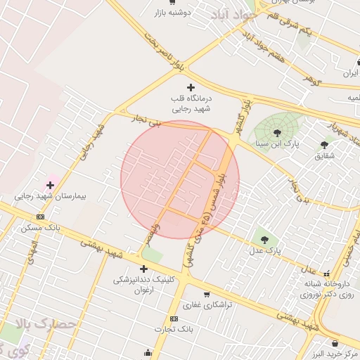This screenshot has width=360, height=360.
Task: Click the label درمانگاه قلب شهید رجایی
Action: [x=191, y=104]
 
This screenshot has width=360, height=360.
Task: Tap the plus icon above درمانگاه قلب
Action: [x=191, y=87]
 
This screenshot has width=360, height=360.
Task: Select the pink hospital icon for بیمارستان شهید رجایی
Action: [x=50, y=184]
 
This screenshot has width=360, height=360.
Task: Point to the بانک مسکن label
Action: [x=41, y=229]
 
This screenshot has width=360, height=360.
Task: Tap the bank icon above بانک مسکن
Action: [x=40, y=217]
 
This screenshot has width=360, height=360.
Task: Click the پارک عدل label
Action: [x=266, y=250]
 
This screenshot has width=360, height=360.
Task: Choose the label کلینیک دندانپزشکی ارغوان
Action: [x=143, y=284]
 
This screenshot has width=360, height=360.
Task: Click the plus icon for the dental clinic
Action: [x=143, y=269]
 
